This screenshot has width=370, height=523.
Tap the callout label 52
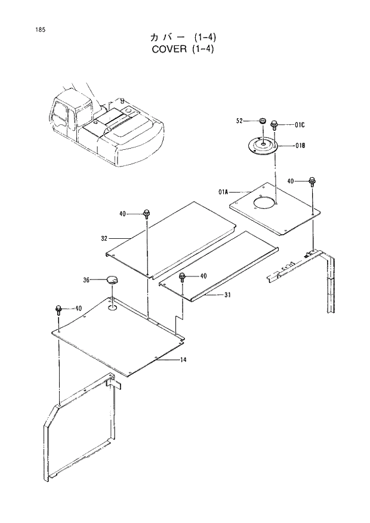[x=239, y=121]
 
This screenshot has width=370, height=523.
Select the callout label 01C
[x=300, y=125]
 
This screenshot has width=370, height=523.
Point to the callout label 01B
[x=300, y=145]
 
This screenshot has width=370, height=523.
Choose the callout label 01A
[x=224, y=192]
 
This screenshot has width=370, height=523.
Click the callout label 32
[x=104, y=238]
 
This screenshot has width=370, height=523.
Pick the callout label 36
[x=87, y=279]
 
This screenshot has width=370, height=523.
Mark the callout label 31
[x=227, y=294]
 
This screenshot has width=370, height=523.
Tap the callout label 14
[x=184, y=360]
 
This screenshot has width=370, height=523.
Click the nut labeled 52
[x=261, y=122]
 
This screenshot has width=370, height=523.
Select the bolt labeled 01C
[x=275, y=125]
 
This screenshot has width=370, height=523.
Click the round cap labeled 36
[x=111, y=279]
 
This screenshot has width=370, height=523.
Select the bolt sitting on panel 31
[x=183, y=276]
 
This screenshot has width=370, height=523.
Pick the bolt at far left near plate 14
[x=58, y=309]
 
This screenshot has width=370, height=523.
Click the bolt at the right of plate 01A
[x=312, y=181]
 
